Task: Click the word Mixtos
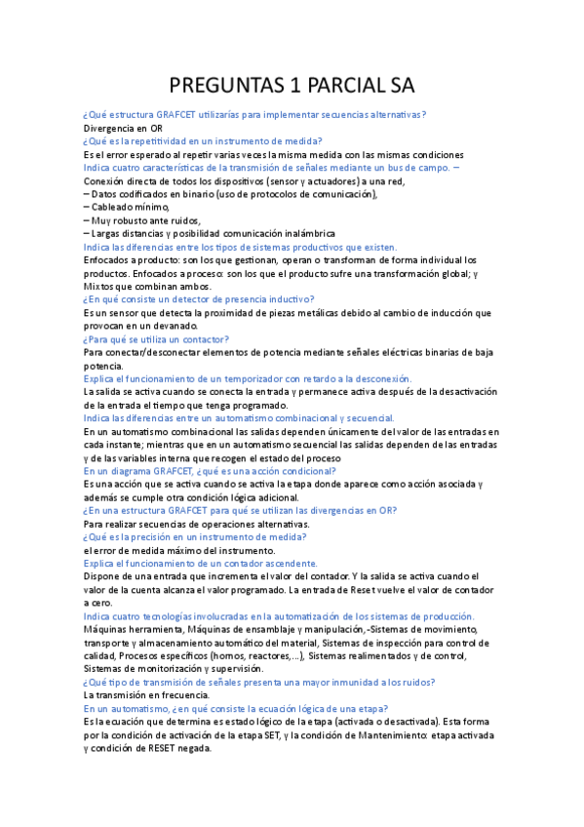[100, 286]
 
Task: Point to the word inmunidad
[340, 682]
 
